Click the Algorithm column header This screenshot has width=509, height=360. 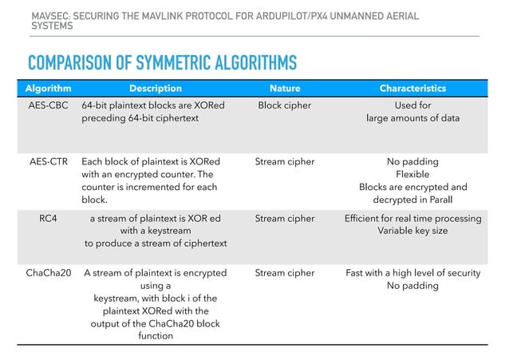[48, 89]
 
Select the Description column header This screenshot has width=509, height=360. [156, 89]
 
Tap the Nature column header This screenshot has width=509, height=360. [285, 89]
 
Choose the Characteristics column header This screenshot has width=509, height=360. [412, 89]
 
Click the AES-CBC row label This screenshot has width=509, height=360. [48, 105]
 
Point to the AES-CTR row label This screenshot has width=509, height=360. [48, 161]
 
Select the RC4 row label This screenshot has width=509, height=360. [48, 218]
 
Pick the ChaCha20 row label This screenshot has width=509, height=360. [48, 273]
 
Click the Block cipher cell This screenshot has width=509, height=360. [285, 105]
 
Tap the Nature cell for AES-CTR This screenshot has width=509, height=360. [285, 161]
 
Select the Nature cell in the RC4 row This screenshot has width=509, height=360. [285, 218]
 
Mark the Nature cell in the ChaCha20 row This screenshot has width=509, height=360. [285, 273]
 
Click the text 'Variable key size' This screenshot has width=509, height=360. [412, 231]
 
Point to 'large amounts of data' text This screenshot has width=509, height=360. [412, 118]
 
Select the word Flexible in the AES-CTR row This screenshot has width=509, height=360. [412, 174]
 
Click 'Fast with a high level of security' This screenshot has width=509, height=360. [412, 273]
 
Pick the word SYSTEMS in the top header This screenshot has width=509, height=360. [52, 26]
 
